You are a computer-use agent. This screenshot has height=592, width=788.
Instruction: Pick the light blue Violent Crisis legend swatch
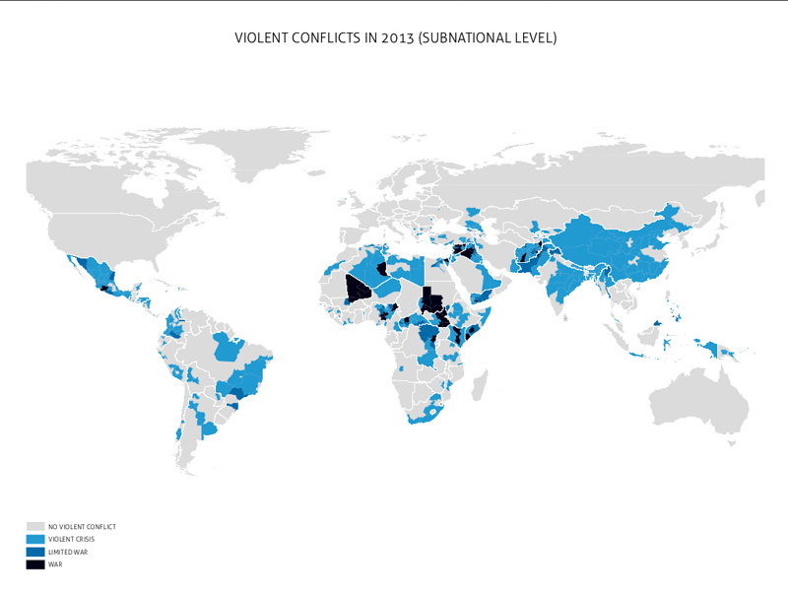(35, 540)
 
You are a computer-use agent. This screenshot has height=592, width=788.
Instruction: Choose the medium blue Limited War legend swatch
(35, 553)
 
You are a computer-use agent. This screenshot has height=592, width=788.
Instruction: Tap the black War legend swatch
(35, 564)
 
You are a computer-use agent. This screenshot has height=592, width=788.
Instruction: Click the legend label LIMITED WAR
(67, 553)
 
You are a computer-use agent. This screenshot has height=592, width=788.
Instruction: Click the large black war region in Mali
(359, 289)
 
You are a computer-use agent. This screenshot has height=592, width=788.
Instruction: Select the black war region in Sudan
(430, 297)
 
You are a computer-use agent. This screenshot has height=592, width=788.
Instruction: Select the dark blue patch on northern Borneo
(657, 322)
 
